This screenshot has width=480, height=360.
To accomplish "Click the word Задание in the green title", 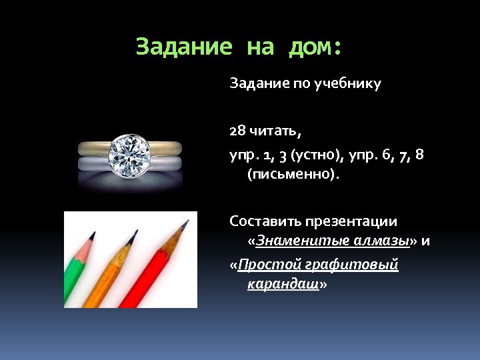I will [x=183, y=47].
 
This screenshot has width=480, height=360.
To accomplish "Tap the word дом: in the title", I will [x=315, y=47].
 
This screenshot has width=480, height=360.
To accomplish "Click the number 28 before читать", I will [x=237, y=130].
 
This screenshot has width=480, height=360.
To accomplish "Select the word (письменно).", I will [x=293, y=175].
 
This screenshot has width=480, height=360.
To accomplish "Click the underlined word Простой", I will [x=268, y=265].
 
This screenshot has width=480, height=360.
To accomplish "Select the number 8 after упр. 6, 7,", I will [x=419, y=155].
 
